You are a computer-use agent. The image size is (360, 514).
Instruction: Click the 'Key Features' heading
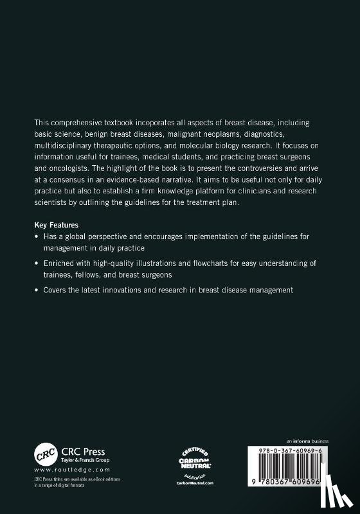point(57,226)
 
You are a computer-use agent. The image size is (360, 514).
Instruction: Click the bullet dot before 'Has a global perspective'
point(37,236)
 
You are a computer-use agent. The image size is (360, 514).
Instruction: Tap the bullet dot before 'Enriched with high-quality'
point(37,263)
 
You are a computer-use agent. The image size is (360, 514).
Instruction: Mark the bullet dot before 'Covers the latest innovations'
point(37,290)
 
